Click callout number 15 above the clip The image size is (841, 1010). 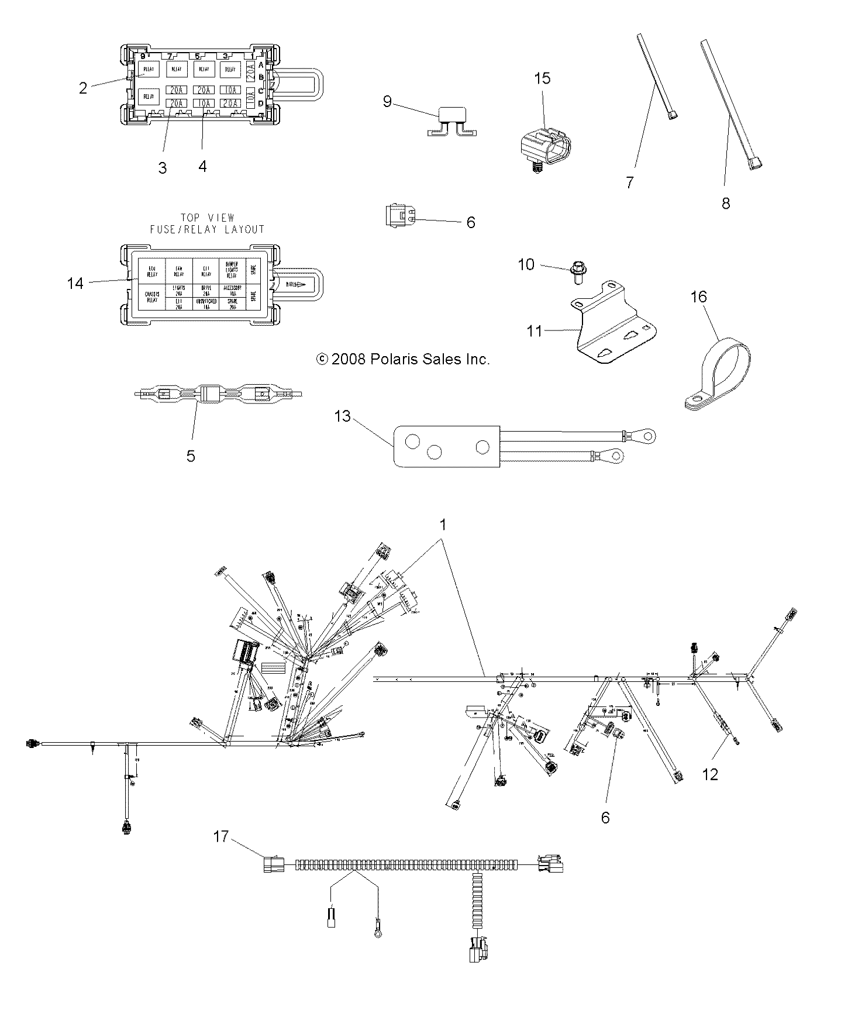pos(542,78)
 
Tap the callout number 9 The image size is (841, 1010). pos(387,101)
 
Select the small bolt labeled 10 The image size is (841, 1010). pos(577,273)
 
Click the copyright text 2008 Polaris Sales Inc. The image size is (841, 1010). pos(402,359)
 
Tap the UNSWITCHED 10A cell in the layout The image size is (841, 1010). pos(207,303)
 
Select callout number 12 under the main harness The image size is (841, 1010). pos(710,774)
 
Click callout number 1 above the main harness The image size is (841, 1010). pos(443,525)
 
